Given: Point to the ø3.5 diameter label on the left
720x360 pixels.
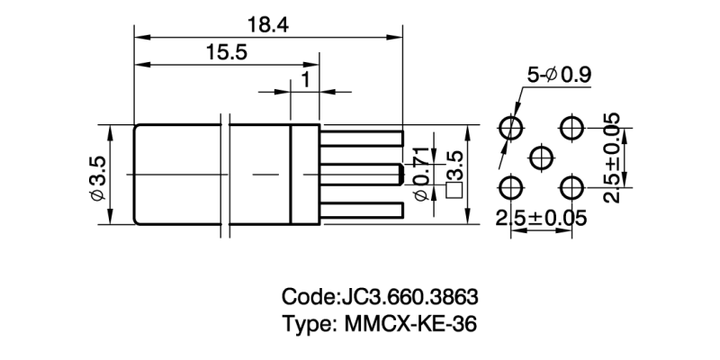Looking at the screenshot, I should click(x=97, y=175).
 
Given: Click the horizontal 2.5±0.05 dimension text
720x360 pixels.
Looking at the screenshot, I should click(x=542, y=217).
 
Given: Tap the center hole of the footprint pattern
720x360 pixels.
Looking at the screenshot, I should click(x=541, y=157).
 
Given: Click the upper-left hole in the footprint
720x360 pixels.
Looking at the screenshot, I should click(x=511, y=127).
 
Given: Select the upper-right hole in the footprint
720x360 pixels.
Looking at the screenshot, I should click(x=571, y=127).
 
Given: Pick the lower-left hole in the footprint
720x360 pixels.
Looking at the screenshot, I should click(x=511, y=187).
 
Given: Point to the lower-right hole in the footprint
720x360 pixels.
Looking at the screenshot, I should click(x=571, y=187).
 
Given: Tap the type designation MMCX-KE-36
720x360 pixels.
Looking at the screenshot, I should click(x=409, y=323).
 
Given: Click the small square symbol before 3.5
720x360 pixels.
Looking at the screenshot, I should click(x=454, y=190).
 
